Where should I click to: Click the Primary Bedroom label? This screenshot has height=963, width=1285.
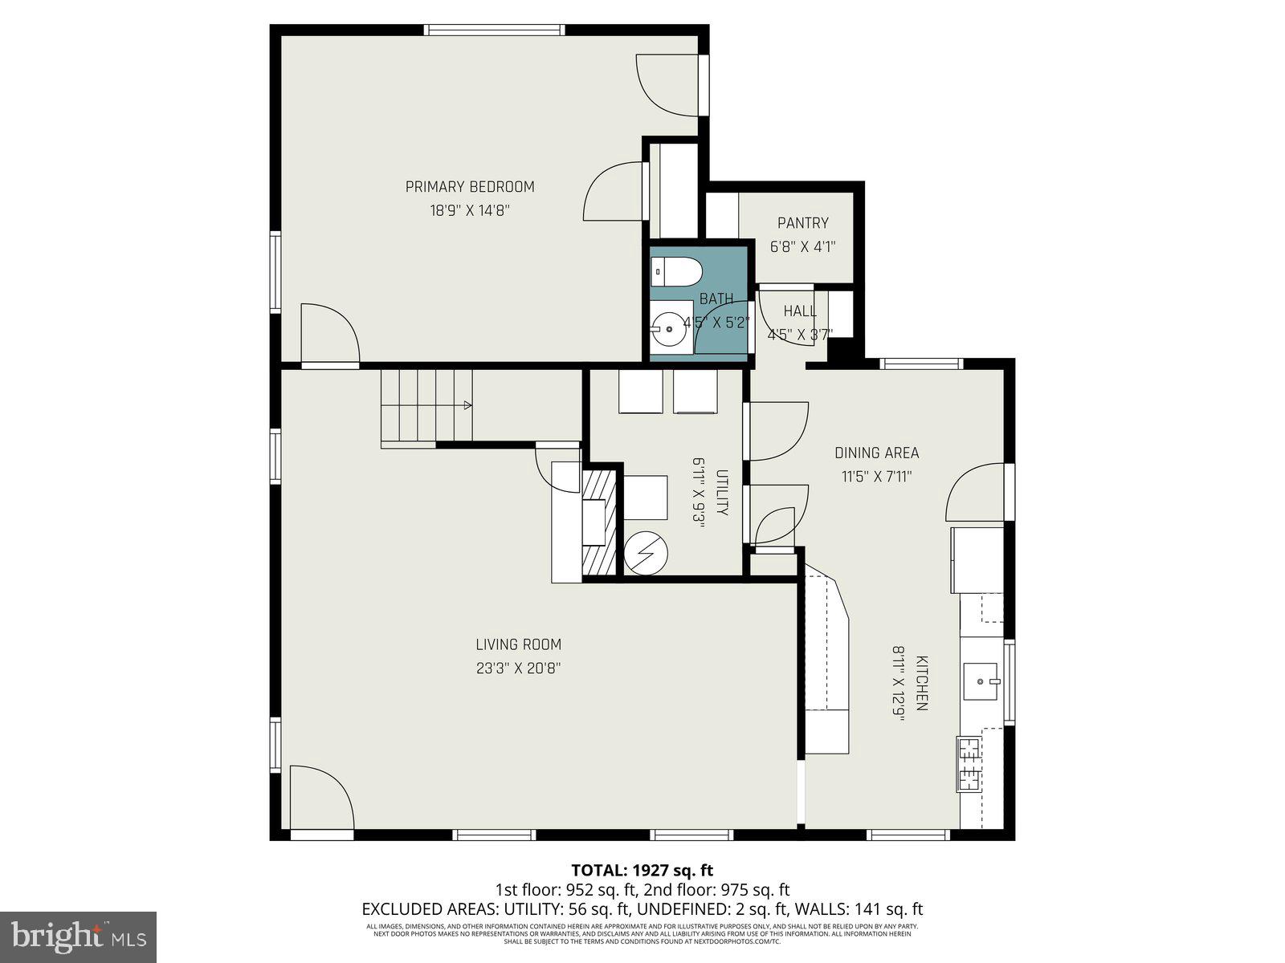(x=470, y=187)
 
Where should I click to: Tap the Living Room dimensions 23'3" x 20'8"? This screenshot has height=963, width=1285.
(x=518, y=668)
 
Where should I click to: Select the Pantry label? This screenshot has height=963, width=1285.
(x=802, y=223)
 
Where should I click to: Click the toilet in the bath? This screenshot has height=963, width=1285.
(x=673, y=272)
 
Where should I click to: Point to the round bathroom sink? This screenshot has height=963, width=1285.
(x=669, y=329)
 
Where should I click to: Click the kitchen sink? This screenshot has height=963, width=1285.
(x=982, y=679)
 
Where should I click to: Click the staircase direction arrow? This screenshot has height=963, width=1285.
(x=465, y=406)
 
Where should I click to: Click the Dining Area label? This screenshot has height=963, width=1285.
(x=876, y=453)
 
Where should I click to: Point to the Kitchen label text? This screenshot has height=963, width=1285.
(x=922, y=683)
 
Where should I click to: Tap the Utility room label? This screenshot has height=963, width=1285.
(x=722, y=493)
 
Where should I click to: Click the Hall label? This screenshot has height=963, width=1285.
(x=800, y=311)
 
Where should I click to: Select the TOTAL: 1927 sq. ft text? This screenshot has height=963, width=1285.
(x=642, y=870)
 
